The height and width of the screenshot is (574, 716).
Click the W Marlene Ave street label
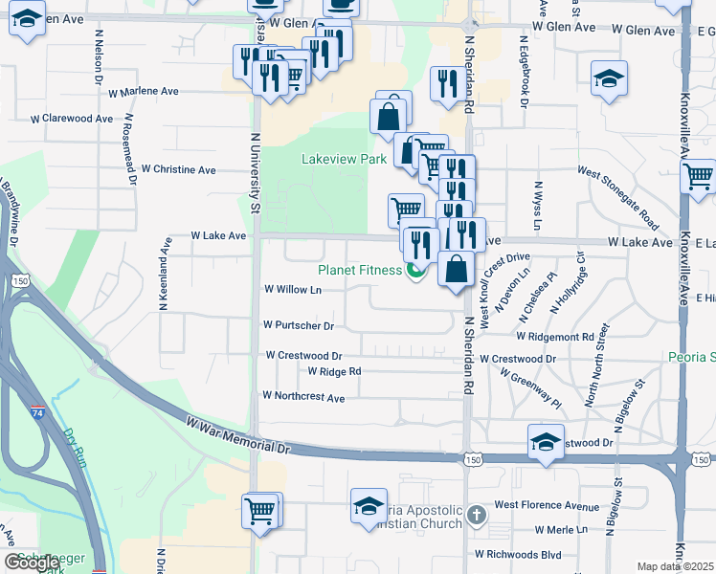click(144, 92)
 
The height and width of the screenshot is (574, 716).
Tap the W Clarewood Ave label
click(72, 119)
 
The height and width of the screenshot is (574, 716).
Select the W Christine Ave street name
click(179, 169)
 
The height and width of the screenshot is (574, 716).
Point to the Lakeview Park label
click(345, 159)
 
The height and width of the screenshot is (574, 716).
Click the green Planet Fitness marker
click(415, 271)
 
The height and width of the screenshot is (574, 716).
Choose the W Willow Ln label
click(293, 289)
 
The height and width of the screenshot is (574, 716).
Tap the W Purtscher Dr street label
click(299, 325)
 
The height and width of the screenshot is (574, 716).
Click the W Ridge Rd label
click(334, 371)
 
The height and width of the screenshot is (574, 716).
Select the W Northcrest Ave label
click(303, 396)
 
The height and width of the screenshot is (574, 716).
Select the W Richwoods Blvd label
click(518, 554)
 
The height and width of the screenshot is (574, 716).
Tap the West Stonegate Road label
click(617, 197)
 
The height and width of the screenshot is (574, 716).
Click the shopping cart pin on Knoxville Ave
click(699, 176)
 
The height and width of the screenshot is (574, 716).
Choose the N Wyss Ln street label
click(538, 207)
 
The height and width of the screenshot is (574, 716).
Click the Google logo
click(32, 563)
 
